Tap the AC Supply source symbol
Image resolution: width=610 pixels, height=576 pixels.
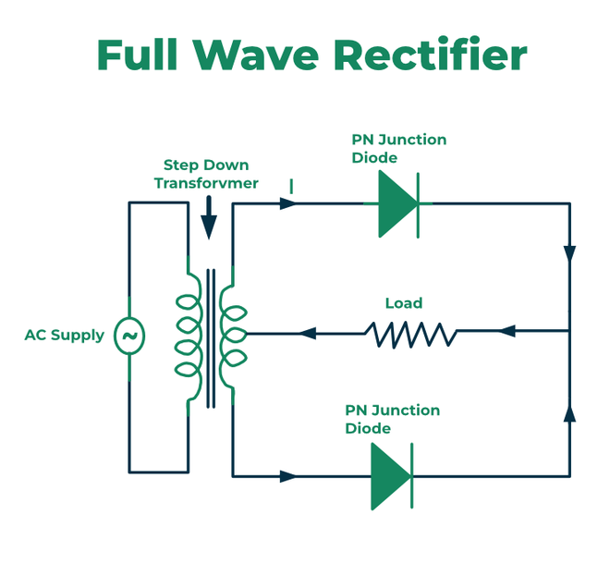(x=128, y=335)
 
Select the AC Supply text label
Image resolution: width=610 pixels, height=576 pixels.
(x=64, y=335)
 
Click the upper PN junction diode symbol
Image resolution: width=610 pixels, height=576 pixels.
(x=398, y=203)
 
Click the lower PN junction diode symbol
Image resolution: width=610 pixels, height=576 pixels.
(x=391, y=476)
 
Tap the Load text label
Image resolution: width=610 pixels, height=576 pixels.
(x=403, y=303)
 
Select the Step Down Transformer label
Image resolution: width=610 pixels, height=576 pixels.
(x=205, y=174)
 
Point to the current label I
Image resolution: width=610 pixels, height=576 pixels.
(x=291, y=186)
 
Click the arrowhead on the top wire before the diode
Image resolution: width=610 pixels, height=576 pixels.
(x=288, y=203)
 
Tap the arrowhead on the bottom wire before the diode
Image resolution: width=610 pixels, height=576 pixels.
(x=288, y=476)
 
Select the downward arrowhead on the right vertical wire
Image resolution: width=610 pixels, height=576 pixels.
(x=569, y=253)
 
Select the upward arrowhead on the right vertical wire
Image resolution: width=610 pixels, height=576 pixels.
(x=569, y=413)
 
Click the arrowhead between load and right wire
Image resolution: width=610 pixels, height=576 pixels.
(x=506, y=331)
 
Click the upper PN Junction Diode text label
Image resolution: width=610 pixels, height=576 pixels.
(x=398, y=148)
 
